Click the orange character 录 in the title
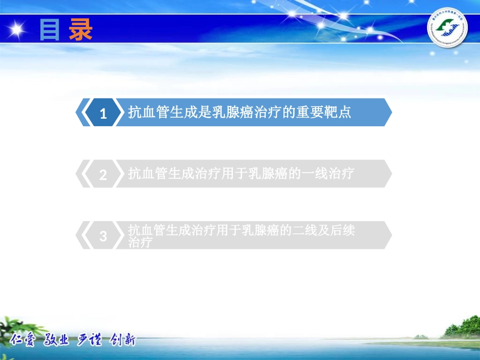pos(81,30)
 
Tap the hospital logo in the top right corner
pos(447,30)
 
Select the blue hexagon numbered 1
pos(103,113)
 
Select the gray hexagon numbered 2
pos(103,175)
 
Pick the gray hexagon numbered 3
pos(103,236)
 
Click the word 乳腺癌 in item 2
pos(268,174)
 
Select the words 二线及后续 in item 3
pos(324,231)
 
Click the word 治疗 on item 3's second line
pos(140,242)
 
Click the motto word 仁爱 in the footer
pos(23,340)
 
